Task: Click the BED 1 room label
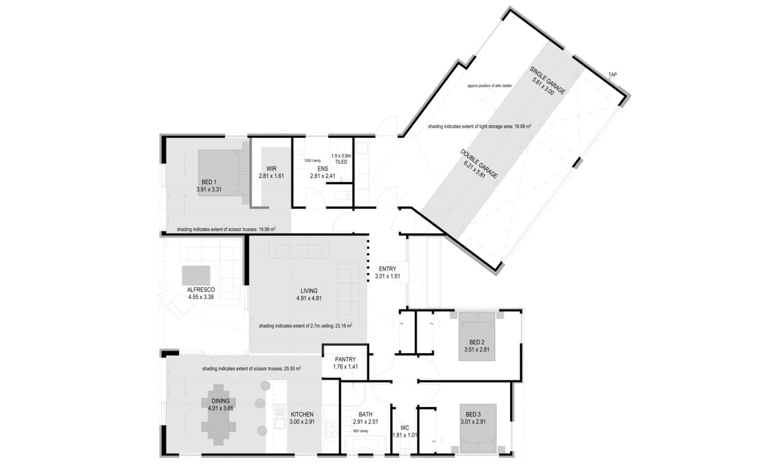click(209, 182)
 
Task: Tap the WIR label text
click(271, 169)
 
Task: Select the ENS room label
click(323, 169)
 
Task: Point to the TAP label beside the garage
click(612, 75)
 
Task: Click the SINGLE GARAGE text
click(548, 79)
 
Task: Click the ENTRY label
click(387, 269)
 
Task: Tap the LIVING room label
click(309, 291)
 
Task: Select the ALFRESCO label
click(201, 290)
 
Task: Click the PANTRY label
click(345, 360)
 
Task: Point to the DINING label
click(221, 401)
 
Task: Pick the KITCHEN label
click(301, 415)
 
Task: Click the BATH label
click(366, 415)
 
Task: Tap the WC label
click(405, 428)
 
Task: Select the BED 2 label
click(477, 343)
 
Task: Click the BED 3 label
click(473, 415)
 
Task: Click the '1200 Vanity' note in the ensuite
click(313, 161)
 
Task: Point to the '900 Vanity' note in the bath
click(361, 431)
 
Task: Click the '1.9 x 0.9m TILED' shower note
click(341, 159)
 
